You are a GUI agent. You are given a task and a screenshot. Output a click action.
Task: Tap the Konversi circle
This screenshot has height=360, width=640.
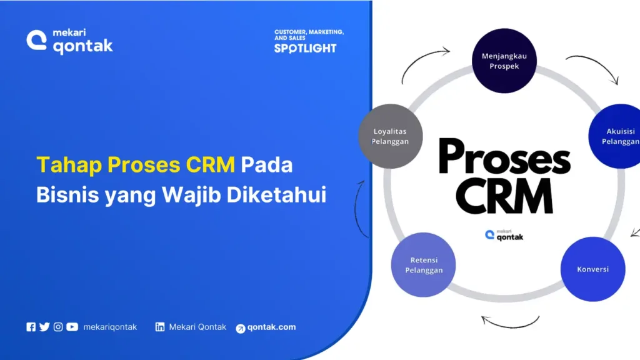pos(592,269)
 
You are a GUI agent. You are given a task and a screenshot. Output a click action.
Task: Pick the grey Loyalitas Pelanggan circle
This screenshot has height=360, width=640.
pos(391,136)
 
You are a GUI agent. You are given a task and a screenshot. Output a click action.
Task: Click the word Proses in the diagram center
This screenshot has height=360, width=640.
pos(504,157)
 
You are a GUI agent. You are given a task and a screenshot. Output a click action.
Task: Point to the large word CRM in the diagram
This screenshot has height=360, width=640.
pos(504,197)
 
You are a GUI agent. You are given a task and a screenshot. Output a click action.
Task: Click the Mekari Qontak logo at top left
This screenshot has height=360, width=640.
pos(69,41)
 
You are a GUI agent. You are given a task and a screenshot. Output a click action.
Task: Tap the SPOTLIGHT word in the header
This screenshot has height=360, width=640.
pos(305,48)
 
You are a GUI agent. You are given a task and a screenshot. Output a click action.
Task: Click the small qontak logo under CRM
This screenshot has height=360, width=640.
pos(504,235)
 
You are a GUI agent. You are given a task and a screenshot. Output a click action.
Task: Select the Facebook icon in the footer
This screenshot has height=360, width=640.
pos(31,327)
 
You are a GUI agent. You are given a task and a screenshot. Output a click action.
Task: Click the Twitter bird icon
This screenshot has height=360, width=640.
pos(44,327)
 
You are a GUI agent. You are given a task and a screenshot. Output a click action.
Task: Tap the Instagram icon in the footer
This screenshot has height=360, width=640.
pos(58,327)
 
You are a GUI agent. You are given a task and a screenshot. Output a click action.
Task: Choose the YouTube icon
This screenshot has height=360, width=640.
pos(72,327)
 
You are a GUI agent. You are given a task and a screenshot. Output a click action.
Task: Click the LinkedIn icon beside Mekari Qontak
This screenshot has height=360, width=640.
pos(160,327)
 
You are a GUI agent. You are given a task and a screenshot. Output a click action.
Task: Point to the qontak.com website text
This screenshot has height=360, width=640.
pos(271,327)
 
